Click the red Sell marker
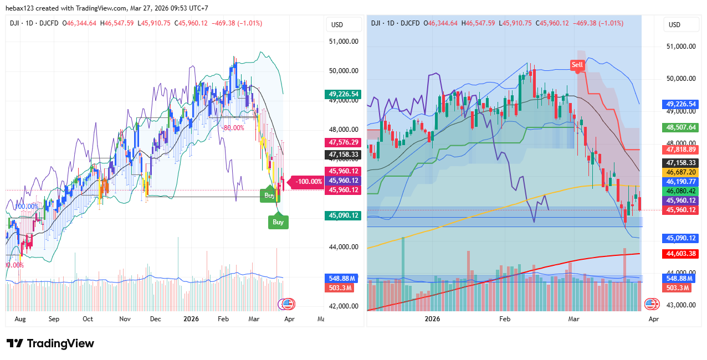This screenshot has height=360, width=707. pyautogui.click(x=577, y=65)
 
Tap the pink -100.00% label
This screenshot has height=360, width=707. pyautogui.click(x=309, y=181)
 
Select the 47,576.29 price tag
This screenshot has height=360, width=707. pyautogui.click(x=344, y=142)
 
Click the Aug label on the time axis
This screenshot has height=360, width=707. pyautogui.click(x=20, y=319)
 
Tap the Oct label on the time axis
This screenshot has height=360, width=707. pyautogui.click(x=88, y=319)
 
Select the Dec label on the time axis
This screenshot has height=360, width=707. pyautogui.click(x=155, y=319)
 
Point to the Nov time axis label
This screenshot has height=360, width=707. pyautogui.click(x=125, y=319)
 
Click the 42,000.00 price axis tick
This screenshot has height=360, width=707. pyautogui.click(x=344, y=306)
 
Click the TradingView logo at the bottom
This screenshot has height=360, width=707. pyautogui.click(x=50, y=343)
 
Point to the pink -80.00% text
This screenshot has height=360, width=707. pyautogui.click(x=233, y=127)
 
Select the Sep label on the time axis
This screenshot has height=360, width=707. pyautogui.click(x=54, y=319)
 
